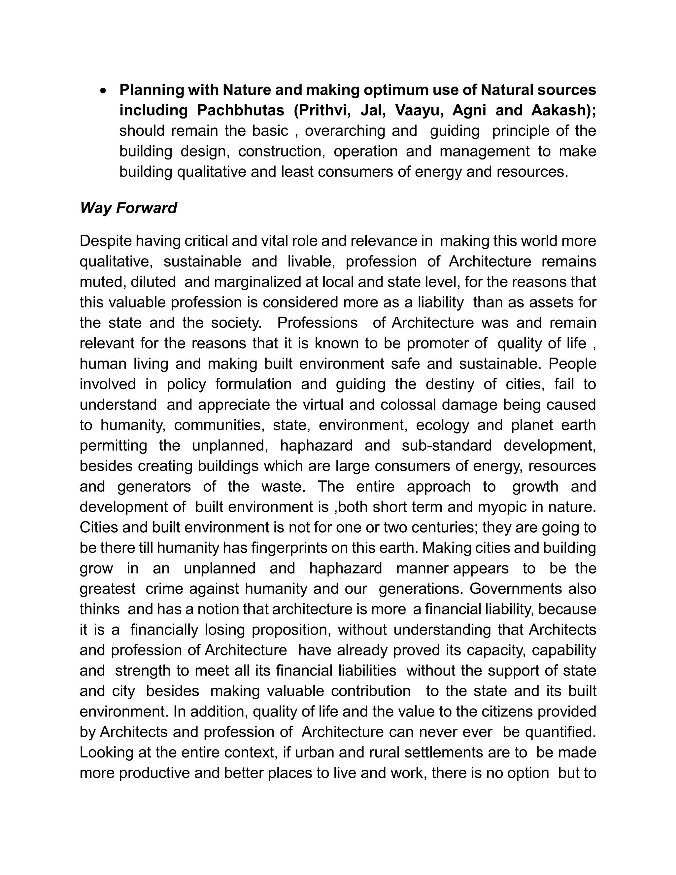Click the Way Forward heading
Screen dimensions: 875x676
[x=128, y=208]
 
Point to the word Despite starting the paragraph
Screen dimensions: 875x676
[x=105, y=241]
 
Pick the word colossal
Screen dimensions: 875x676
[x=407, y=405]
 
